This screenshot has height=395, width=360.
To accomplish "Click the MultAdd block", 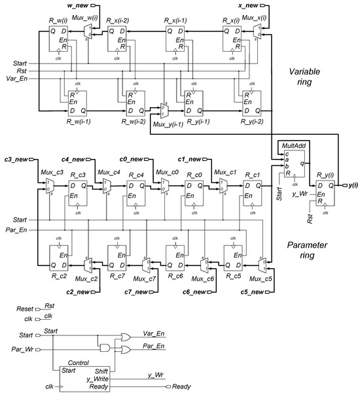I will tap(290, 164).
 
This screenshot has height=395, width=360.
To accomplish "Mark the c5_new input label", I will tap(253, 290).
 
